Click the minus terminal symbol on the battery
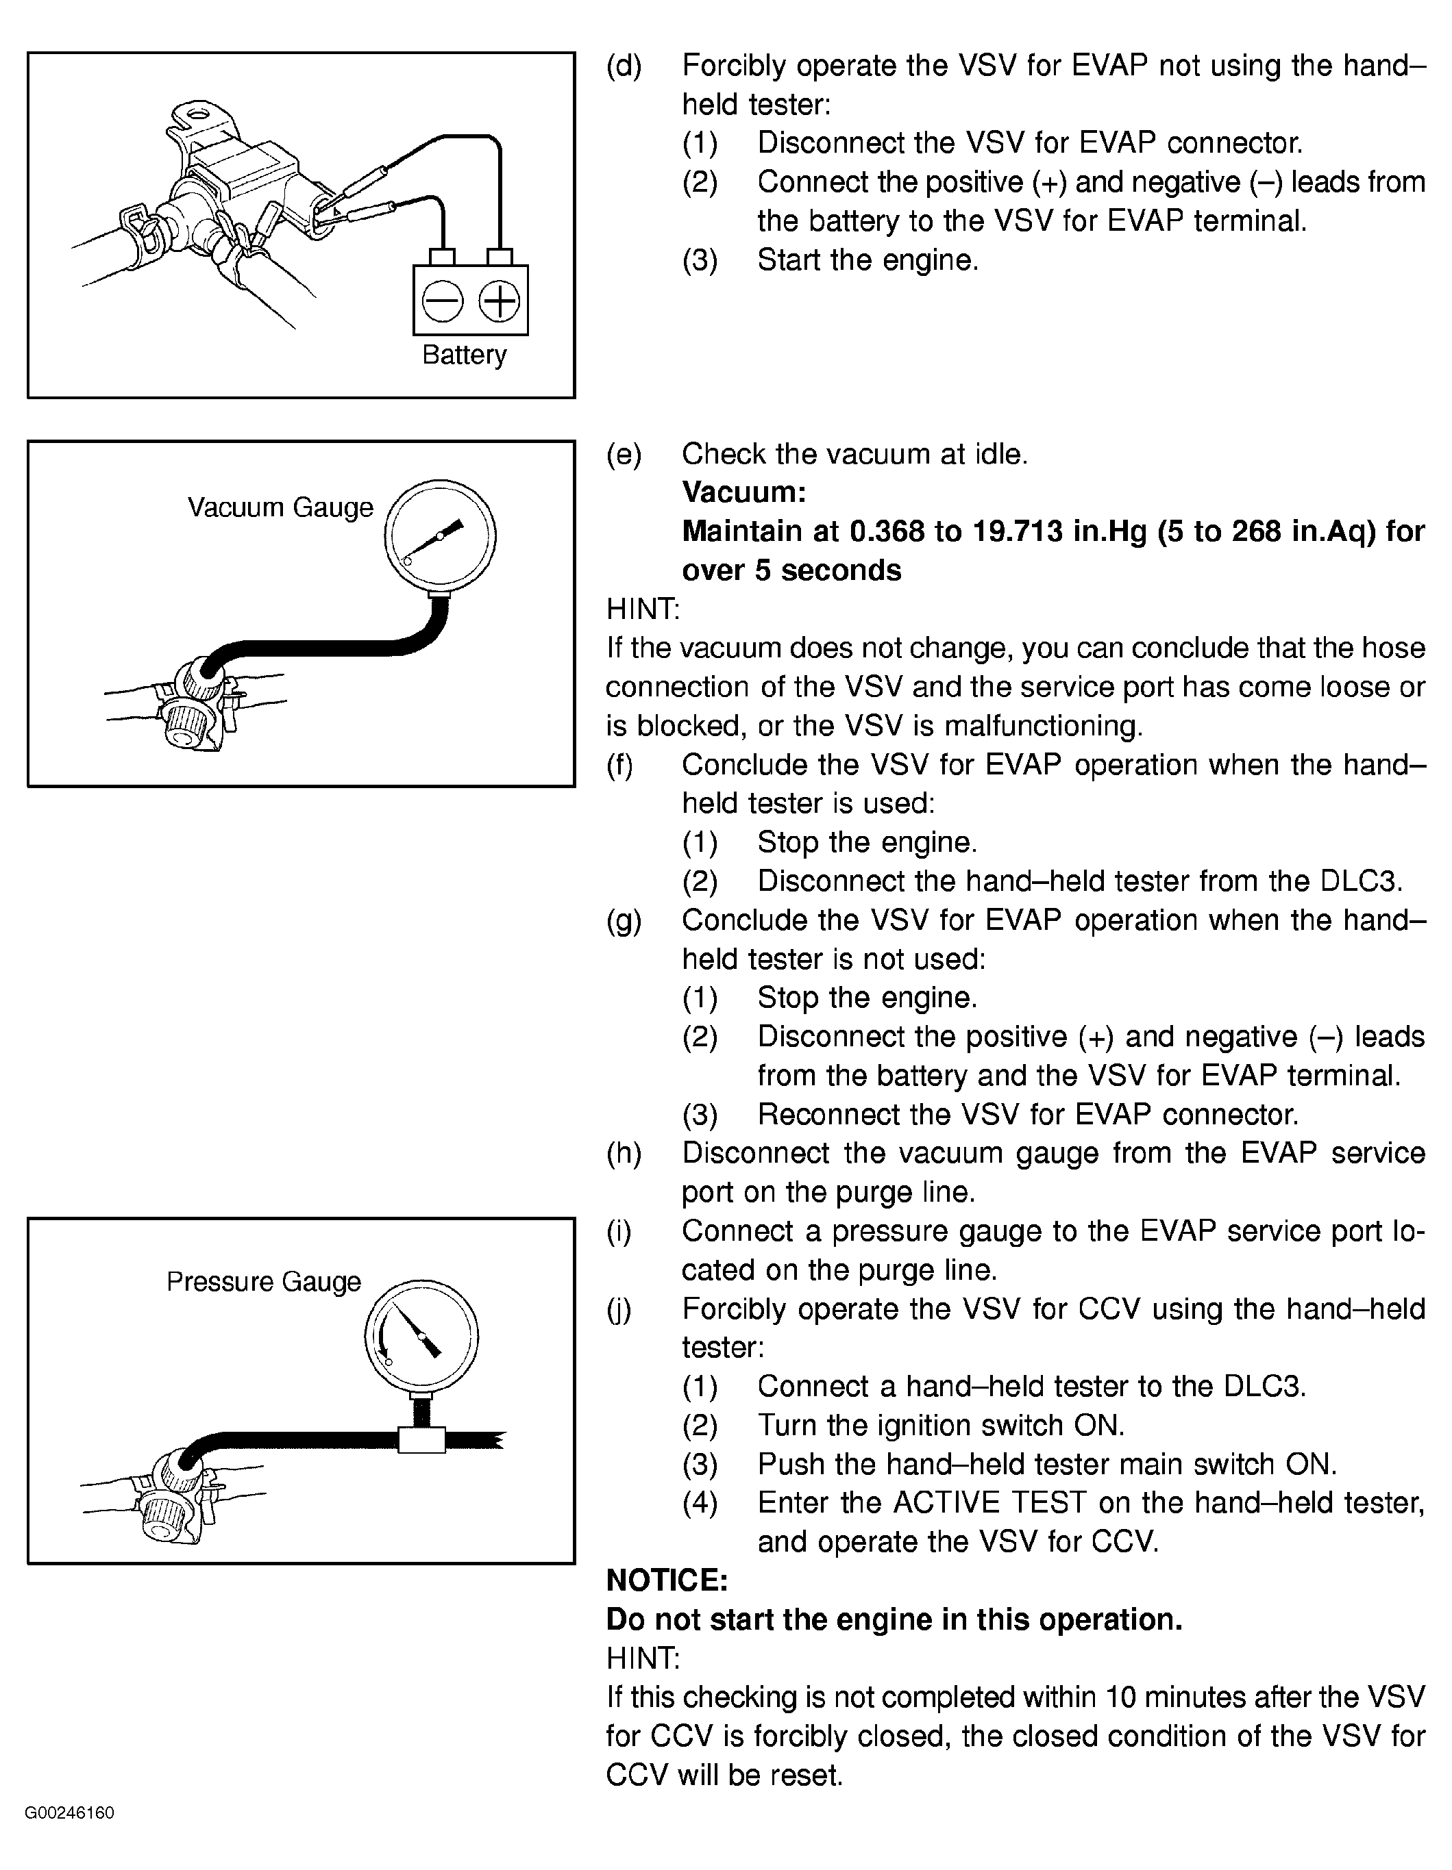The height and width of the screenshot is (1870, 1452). click(x=442, y=301)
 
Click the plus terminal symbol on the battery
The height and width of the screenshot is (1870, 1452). click(x=499, y=301)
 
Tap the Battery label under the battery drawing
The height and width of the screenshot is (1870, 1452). click(x=465, y=355)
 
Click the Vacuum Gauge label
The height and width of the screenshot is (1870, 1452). click(x=280, y=508)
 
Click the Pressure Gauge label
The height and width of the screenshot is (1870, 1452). click(x=264, y=1282)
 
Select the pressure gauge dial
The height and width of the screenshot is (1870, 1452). click(x=421, y=1336)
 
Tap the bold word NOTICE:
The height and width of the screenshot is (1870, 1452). click(x=667, y=1580)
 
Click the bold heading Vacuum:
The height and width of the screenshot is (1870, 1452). click(x=743, y=492)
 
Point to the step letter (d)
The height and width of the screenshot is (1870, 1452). click(x=624, y=66)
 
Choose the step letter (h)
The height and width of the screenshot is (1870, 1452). click(x=624, y=1153)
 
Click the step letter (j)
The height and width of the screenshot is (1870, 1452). click(x=619, y=1309)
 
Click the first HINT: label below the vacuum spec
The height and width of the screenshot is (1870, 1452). click(x=643, y=609)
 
